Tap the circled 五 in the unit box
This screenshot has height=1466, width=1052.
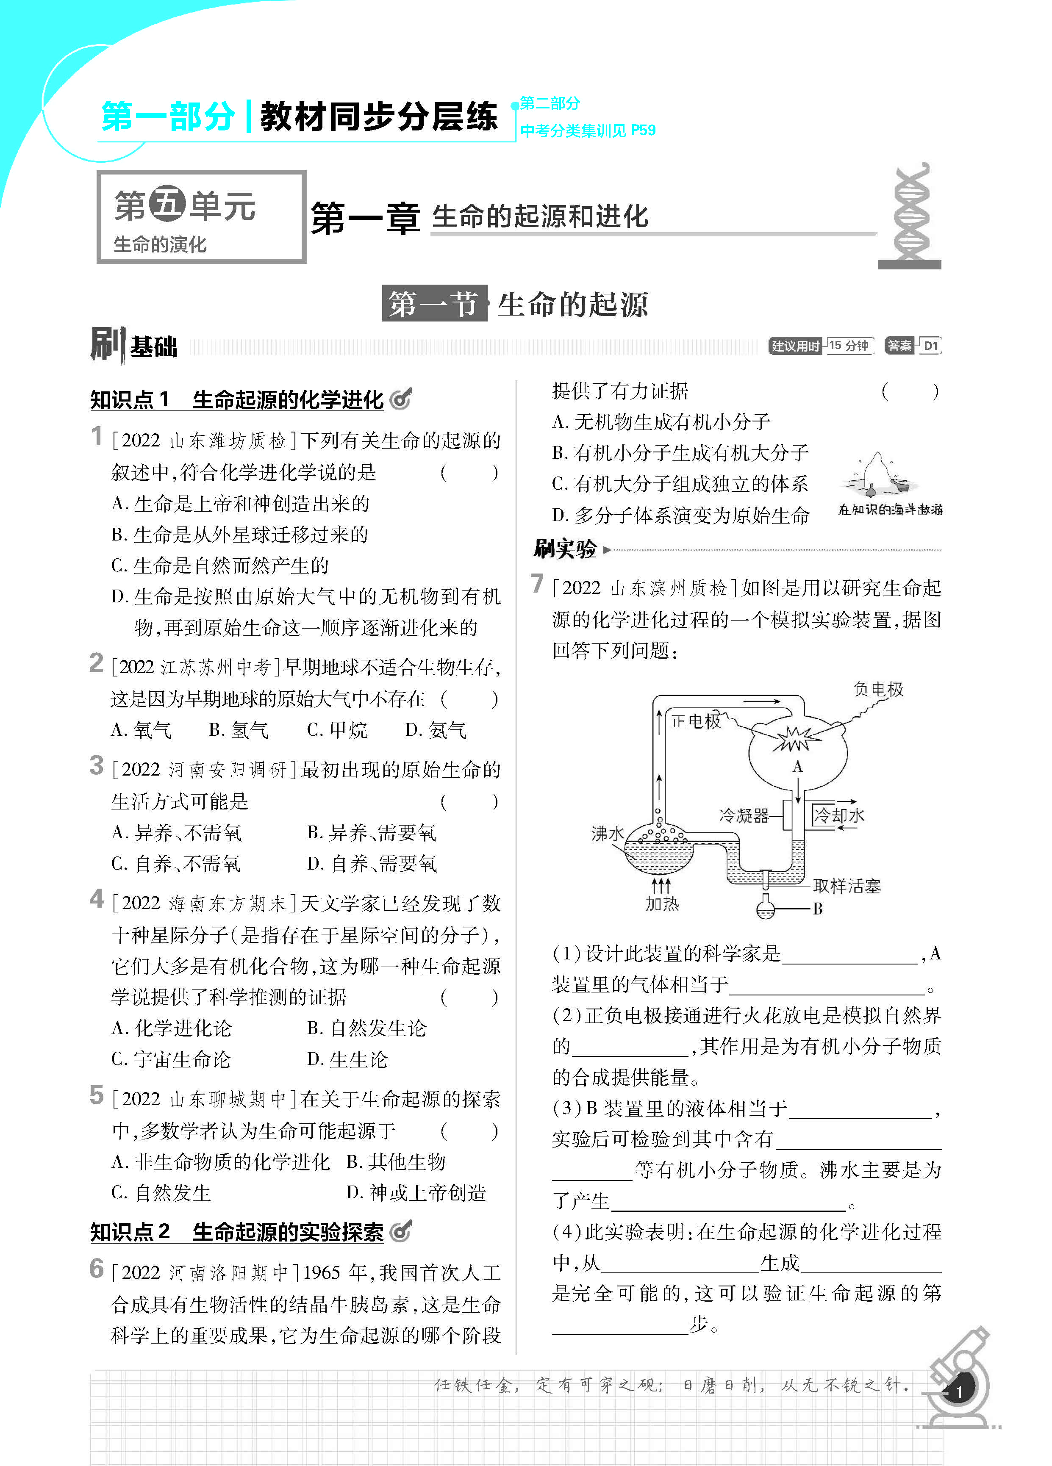[167, 205]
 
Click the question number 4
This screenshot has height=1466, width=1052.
[97, 899]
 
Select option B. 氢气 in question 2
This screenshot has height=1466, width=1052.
[239, 730]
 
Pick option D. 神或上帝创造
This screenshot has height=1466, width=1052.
[416, 1192]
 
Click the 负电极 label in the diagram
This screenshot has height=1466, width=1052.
[878, 690]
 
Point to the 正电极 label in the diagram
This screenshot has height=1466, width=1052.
[695, 721]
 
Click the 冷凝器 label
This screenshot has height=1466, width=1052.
[744, 816]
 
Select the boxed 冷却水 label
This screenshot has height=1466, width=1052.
[838, 815]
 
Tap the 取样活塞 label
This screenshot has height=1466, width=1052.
[847, 886]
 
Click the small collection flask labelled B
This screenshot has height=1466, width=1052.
[766, 908]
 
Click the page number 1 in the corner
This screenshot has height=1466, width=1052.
[959, 1392]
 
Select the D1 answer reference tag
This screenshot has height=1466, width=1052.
[930, 346]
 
